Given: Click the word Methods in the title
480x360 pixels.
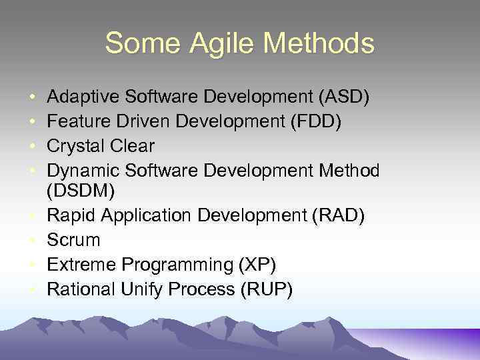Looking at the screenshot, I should pos(319,44).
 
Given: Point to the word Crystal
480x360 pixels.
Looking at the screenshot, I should pos(75,147).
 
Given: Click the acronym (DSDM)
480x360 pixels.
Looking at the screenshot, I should pos(81,191).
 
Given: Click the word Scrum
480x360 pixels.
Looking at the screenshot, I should pos(73,240).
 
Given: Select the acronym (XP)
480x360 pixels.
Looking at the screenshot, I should pos(257,265).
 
